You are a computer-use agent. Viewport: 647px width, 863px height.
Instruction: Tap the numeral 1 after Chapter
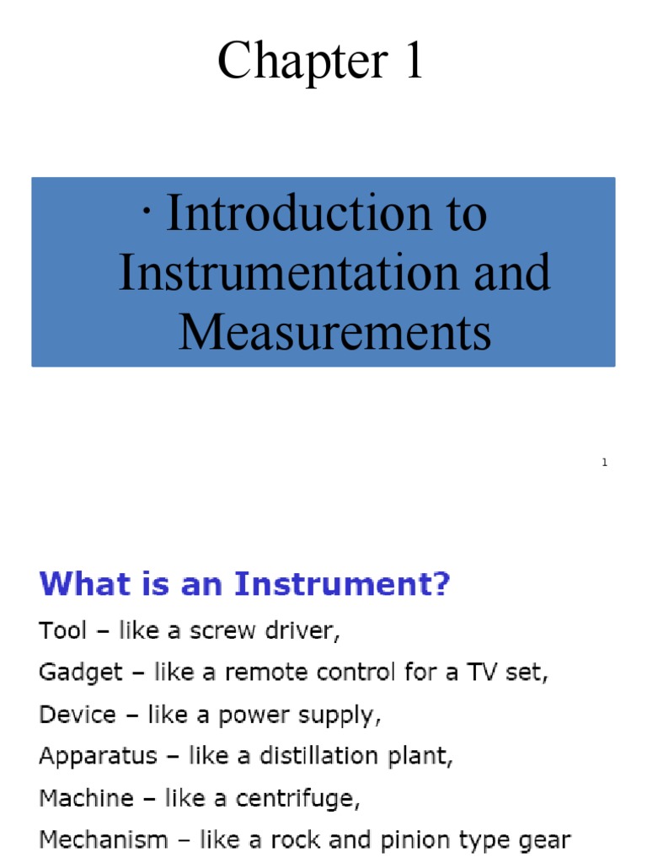tap(412, 62)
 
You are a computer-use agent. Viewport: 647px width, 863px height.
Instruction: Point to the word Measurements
tap(334, 332)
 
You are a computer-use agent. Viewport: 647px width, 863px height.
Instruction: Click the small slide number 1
tap(605, 463)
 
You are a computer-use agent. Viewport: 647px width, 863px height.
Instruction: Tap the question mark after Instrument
tap(441, 585)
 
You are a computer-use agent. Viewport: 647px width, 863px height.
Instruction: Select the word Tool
tap(63, 630)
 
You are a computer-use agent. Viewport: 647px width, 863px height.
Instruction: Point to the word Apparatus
tap(98, 756)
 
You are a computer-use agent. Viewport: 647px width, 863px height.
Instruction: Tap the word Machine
tap(84, 798)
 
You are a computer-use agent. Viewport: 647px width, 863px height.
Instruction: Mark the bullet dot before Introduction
tap(147, 207)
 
